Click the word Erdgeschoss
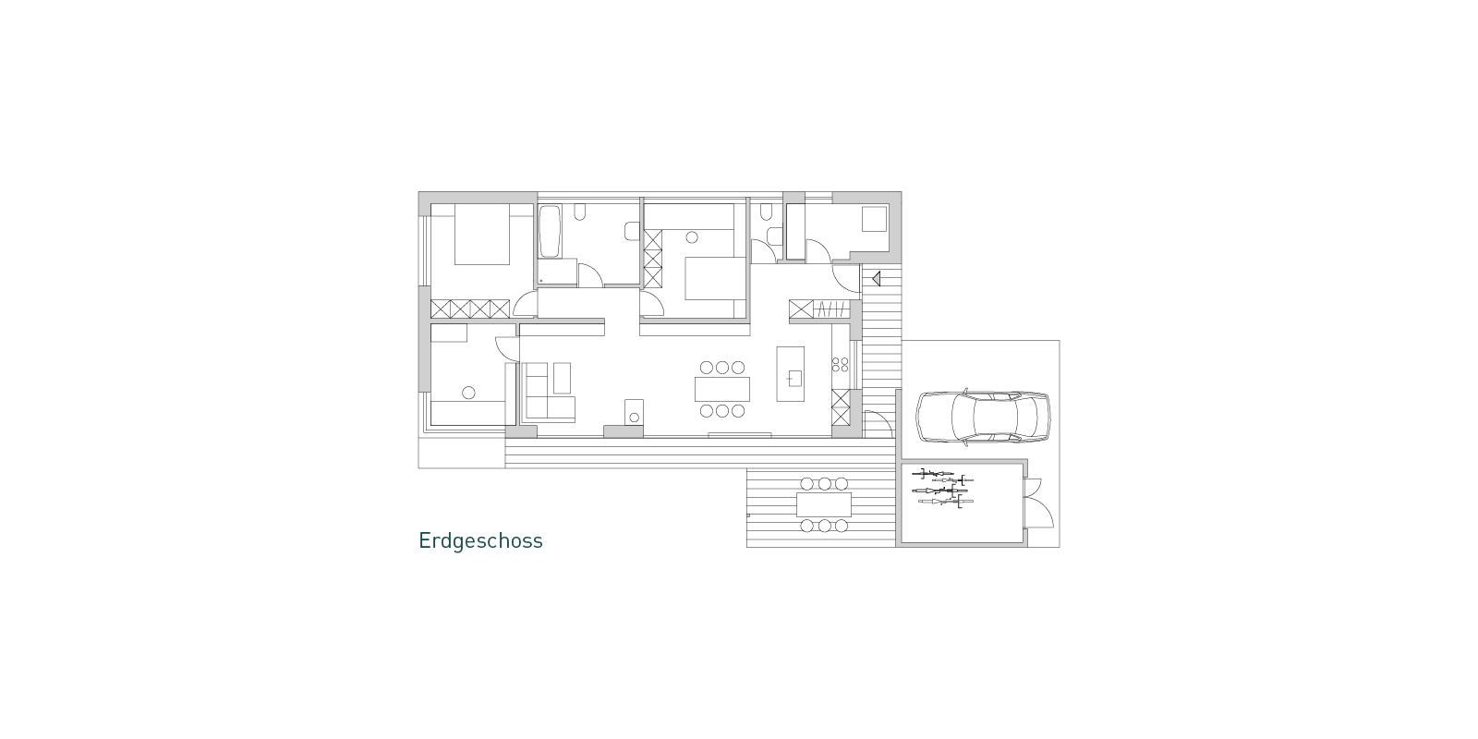click(x=480, y=541)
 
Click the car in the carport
click(x=983, y=417)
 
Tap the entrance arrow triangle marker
click(x=877, y=278)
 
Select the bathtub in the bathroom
click(x=550, y=232)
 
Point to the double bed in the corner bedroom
click(x=481, y=235)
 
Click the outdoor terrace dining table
click(x=824, y=504)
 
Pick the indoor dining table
click(x=722, y=389)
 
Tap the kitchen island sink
click(x=794, y=378)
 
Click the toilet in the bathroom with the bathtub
click(x=580, y=212)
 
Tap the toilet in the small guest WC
click(x=766, y=212)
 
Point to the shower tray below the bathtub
click(x=558, y=273)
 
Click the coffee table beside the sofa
click(x=563, y=378)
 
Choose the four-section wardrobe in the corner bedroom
click(x=470, y=309)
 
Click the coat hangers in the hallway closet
click(x=832, y=309)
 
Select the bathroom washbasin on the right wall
click(x=632, y=231)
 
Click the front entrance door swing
click(x=846, y=277)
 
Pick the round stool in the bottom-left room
click(x=468, y=393)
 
